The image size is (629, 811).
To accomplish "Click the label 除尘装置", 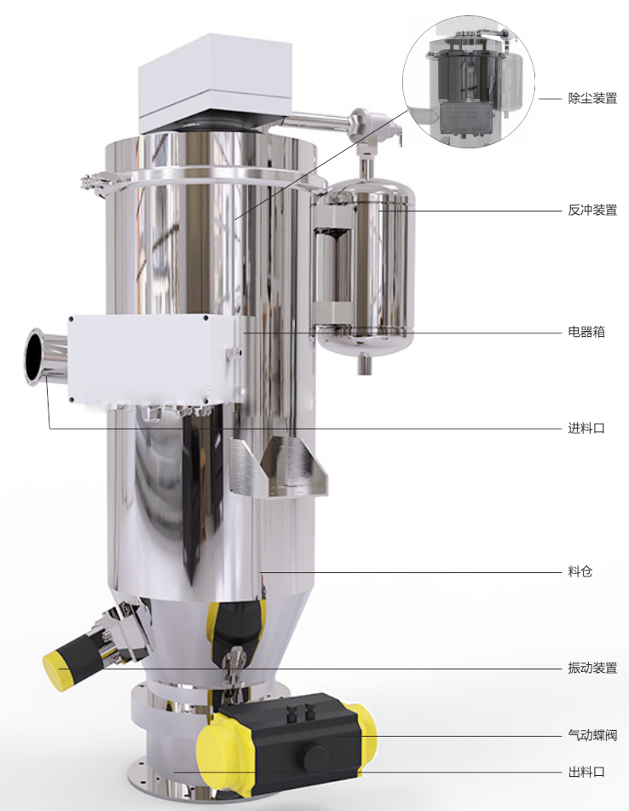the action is tap(592, 98).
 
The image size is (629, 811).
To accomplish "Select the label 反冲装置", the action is tap(592, 210).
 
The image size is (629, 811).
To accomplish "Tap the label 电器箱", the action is tap(586, 332).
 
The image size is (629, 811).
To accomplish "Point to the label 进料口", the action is tap(586, 428).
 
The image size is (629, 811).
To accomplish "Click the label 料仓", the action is tap(580, 571).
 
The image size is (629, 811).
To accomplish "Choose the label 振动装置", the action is tap(592, 668).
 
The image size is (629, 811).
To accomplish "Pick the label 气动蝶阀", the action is tap(592, 734).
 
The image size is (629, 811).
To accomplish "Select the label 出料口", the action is tap(586, 773).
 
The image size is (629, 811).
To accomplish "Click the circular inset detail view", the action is tap(469, 81).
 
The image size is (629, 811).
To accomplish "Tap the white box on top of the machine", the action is tap(215, 83).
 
